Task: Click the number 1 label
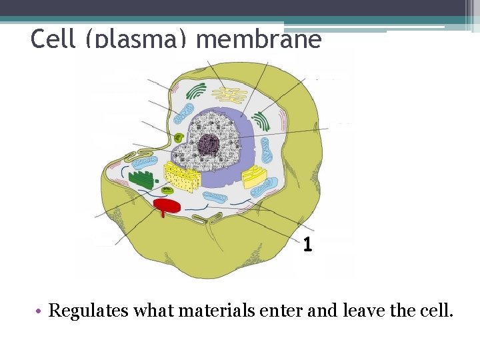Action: point(307,245)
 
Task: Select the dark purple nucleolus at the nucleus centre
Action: point(210,144)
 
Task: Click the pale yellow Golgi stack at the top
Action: point(230,95)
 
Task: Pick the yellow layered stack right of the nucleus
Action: point(254,177)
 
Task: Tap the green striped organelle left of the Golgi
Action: point(196,91)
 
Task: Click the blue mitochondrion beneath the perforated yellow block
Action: point(215,197)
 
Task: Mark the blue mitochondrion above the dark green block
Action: point(144,161)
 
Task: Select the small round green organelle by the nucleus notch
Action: point(178,137)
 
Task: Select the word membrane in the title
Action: point(259,40)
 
